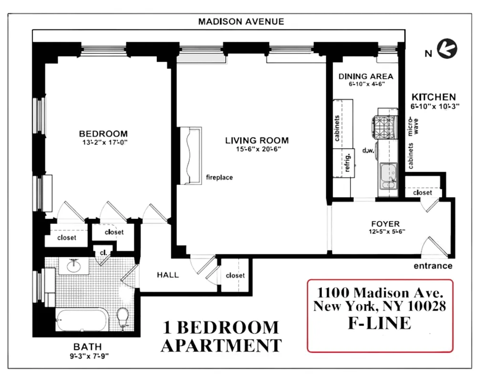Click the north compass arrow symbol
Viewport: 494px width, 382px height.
pyautogui.click(x=447, y=48)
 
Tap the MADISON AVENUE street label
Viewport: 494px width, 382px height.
pyautogui.click(x=241, y=21)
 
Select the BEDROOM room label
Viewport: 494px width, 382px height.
pyautogui.click(x=103, y=134)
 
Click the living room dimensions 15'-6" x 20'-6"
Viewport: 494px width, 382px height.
pyautogui.click(x=257, y=149)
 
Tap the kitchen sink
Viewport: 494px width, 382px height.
pyautogui.click(x=389, y=175)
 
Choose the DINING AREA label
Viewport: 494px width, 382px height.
pyautogui.click(x=366, y=76)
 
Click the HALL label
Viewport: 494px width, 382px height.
pyautogui.click(x=168, y=275)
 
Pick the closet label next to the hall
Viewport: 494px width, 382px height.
pyautogui.click(x=235, y=275)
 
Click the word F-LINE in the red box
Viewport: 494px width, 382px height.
pyautogui.click(x=379, y=323)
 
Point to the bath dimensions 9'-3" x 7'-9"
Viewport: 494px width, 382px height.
pyautogui.click(x=87, y=355)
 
